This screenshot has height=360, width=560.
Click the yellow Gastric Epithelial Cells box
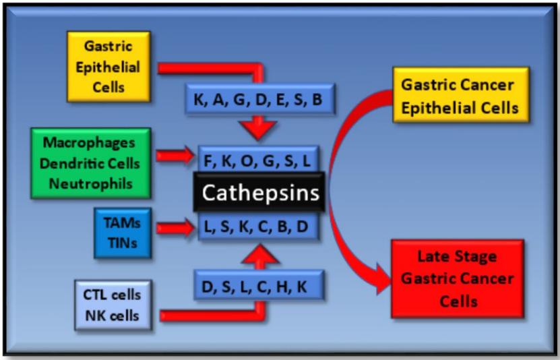[x=108, y=67]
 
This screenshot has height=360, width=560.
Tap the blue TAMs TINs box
[x=123, y=233]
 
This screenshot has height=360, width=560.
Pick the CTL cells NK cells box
[x=112, y=305]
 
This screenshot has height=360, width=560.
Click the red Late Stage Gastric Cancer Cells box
[x=458, y=278]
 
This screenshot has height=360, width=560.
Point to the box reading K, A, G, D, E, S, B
[x=259, y=98]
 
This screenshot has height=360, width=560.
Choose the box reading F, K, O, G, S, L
[x=258, y=160]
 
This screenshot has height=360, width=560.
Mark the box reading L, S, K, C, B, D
[x=258, y=227]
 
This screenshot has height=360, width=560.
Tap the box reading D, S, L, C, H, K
[x=259, y=285]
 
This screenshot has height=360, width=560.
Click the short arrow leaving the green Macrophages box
[x=176, y=157]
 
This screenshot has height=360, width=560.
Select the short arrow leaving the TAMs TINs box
[x=176, y=229]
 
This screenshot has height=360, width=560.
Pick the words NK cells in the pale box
[x=112, y=315]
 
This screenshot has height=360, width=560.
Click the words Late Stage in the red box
[x=457, y=257]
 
